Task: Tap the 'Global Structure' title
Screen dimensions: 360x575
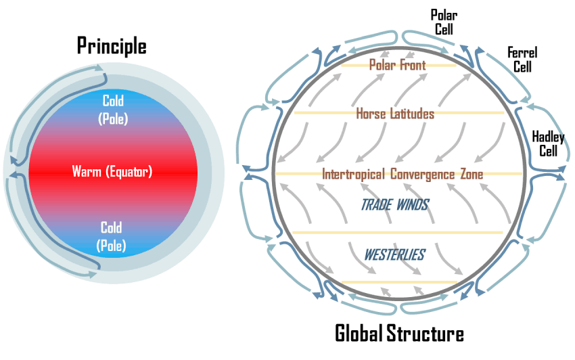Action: (x=399, y=334)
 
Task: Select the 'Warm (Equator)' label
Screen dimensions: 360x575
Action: (x=112, y=171)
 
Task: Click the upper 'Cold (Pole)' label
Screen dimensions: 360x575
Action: (x=114, y=108)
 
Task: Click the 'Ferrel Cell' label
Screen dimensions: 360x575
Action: (x=522, y=60)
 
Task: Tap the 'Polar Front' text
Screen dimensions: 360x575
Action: (x=397, y=65)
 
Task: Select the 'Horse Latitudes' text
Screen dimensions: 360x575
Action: (x=395, y=114)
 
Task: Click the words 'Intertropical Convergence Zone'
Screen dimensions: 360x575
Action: (x=402, y=174)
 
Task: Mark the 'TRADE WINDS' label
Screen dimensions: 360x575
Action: (x=395, y=204)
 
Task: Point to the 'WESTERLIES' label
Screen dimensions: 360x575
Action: (x=394, y=255)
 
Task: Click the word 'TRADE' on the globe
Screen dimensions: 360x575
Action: (x=376, y=204)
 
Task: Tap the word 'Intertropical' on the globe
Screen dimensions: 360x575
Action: (x=347, y=174)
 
